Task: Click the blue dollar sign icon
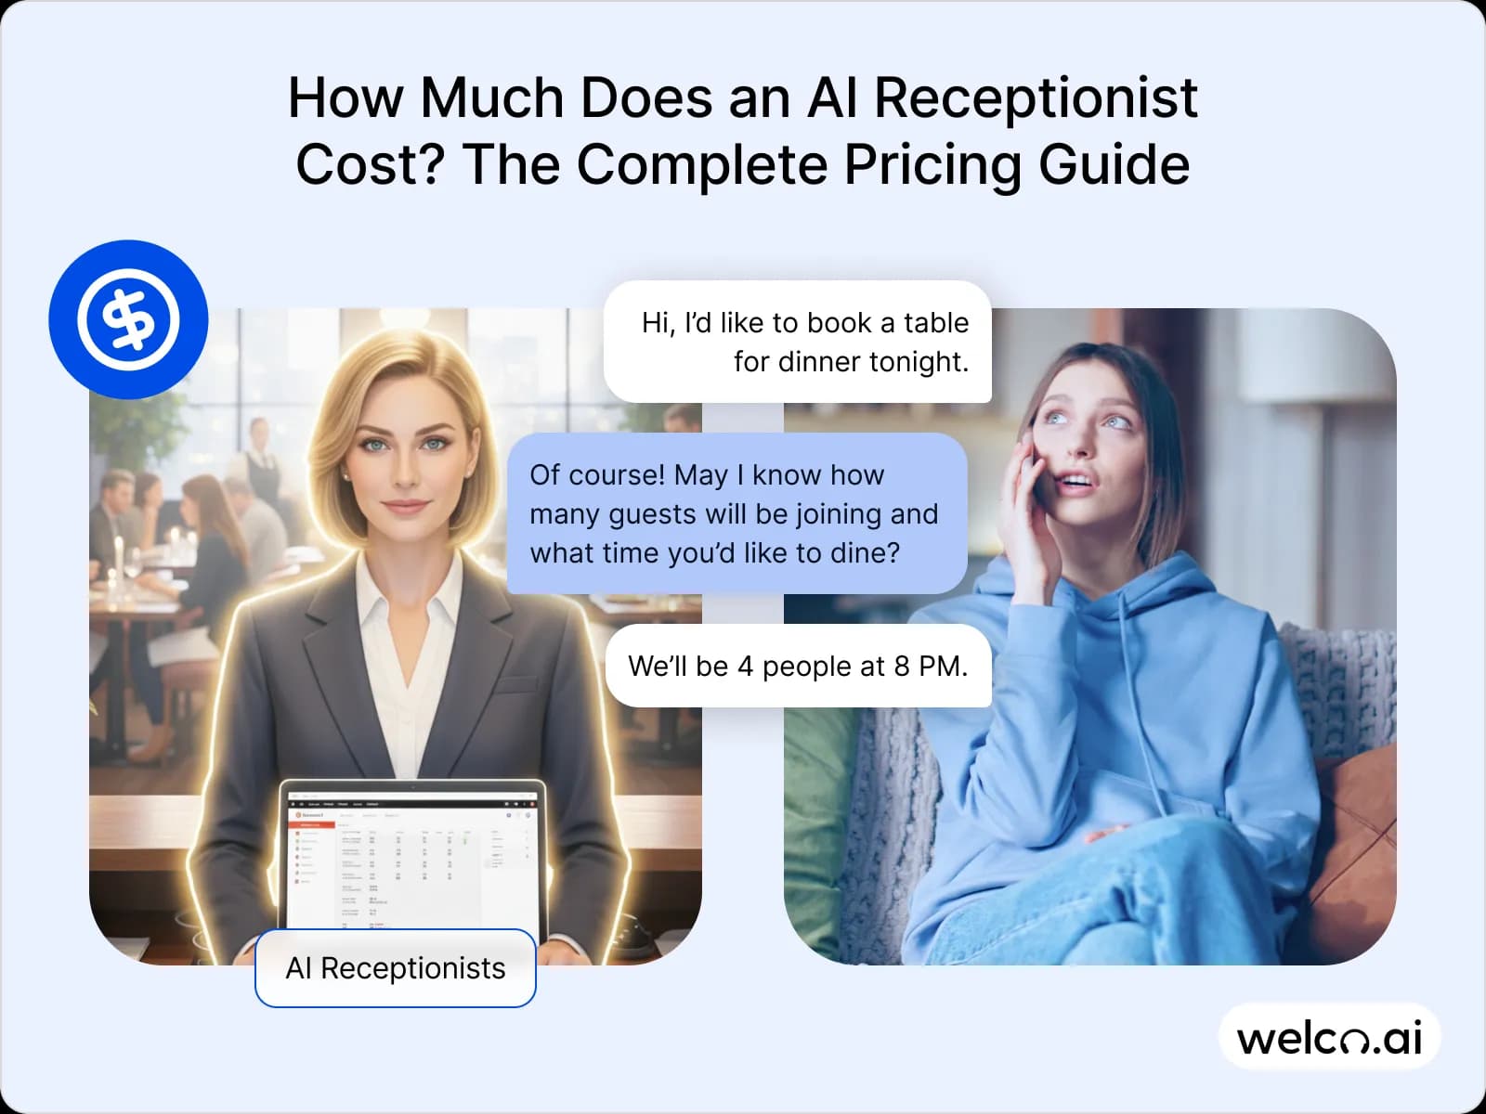(x=128, y=319)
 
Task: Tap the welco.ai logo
(x=1329, y=1037)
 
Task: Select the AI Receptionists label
(x=396, y=968)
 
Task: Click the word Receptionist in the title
(x=1036, y=97)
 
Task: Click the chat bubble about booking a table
(x=798, y=342)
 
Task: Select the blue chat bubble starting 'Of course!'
(x=736, y=513)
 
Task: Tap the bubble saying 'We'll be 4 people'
(x=798, y=666)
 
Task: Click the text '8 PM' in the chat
(x=930, y=666)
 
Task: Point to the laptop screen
(x=412, y=859)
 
